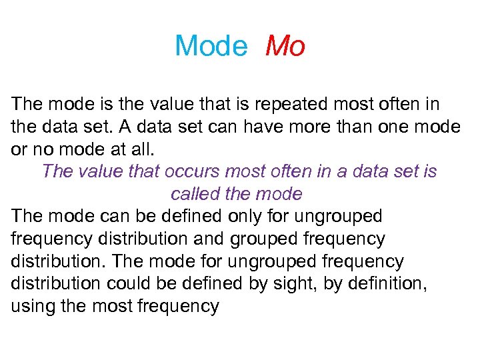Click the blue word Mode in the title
(211, 47)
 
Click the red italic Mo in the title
(285, 47)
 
